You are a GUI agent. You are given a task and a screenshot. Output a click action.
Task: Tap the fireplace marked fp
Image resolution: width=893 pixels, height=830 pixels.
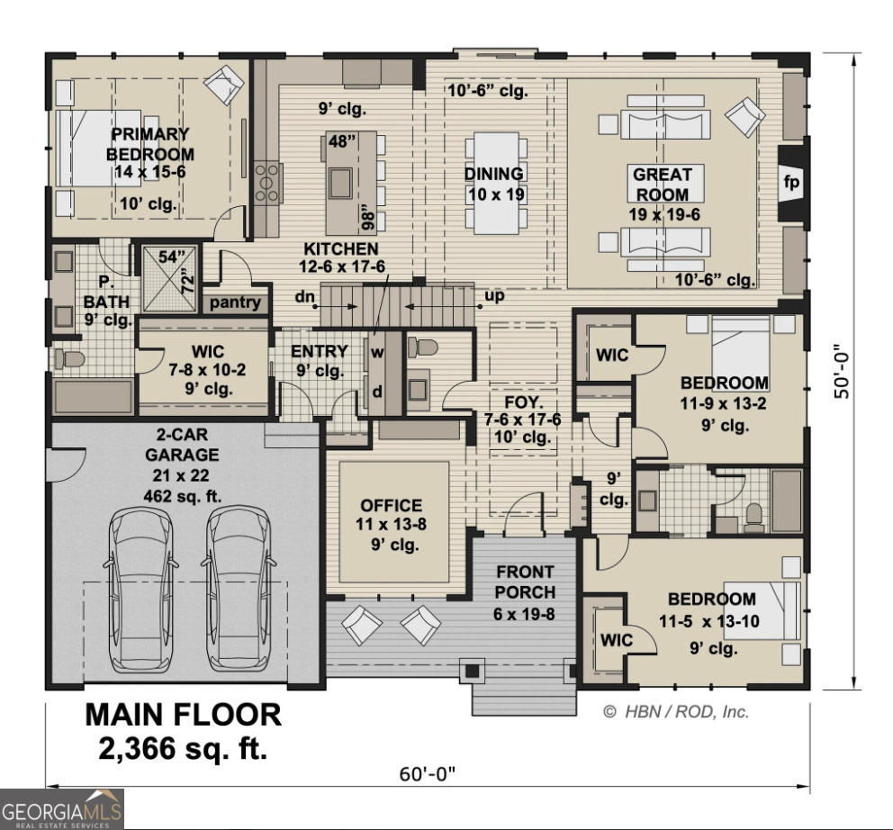(791, 183)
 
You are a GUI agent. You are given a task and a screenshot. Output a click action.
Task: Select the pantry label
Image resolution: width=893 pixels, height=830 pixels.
(235, 302)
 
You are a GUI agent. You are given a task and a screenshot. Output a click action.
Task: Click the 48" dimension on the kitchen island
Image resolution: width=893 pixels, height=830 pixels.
(342, 141)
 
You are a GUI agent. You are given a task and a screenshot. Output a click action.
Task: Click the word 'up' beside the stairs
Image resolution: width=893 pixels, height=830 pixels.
(494, 296)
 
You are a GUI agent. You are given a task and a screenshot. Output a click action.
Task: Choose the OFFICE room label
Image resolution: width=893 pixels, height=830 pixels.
(391, 506)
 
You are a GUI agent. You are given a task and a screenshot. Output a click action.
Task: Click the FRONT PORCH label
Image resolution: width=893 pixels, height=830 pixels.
(525, 582)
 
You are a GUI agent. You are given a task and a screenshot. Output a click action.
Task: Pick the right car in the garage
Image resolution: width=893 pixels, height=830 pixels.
(239, 589)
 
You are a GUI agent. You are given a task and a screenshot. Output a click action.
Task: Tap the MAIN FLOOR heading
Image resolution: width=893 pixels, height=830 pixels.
(183, 715)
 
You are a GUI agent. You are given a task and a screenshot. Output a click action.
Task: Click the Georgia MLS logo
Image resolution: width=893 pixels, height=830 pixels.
(62, 807)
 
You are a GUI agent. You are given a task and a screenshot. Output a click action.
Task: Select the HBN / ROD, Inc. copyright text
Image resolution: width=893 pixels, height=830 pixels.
(675, 711)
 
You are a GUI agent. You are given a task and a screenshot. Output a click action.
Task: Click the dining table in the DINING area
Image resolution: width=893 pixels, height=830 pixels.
(493, 183)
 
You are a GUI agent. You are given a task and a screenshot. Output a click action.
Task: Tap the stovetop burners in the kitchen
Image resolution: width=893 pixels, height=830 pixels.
(268, 183)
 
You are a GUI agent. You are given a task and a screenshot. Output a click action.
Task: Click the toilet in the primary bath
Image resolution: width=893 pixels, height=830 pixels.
(68, 360)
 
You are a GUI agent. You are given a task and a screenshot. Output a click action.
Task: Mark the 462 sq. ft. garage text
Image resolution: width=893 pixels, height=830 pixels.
(183, 495)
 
